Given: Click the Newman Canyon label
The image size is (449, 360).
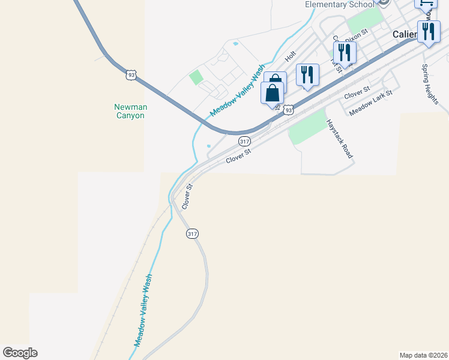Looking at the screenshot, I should [130, 111].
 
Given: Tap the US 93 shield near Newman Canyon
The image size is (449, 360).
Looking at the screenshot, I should [131, 74].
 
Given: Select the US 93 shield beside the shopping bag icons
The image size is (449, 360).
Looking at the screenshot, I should [289, 110].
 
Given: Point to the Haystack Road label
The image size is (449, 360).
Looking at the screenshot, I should [339, 138].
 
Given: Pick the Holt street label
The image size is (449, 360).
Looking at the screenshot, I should [291, 56].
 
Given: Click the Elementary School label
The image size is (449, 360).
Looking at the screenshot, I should [335, 5].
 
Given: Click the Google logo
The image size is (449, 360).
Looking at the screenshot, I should [20, 353].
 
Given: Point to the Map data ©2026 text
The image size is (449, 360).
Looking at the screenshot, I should [423, 355].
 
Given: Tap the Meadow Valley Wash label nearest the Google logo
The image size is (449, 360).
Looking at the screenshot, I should [143, 310].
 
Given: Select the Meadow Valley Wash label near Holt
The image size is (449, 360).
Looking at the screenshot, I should [238, 91].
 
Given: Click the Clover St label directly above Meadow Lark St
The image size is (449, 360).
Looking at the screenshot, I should [357, 92].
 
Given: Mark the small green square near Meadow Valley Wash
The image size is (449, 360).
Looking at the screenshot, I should [196, 77].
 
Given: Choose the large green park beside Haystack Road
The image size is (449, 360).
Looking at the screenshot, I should [307, 127].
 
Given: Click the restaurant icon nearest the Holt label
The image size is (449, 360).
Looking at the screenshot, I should [307, 74].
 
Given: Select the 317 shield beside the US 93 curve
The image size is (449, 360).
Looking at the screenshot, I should [244, 141].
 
